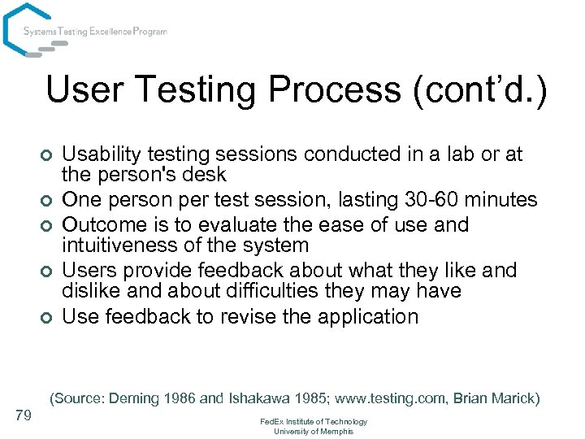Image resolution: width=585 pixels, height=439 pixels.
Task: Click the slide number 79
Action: (24, 416)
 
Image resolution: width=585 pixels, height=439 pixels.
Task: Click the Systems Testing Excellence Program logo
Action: (84, 32)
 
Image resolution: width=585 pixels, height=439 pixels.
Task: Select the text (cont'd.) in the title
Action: (482, 90)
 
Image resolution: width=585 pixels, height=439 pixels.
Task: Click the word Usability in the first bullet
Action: (98, 154)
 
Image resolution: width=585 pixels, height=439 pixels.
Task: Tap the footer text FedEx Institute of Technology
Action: (313, 422)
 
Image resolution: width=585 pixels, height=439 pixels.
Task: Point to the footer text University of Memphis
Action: (313, 432)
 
